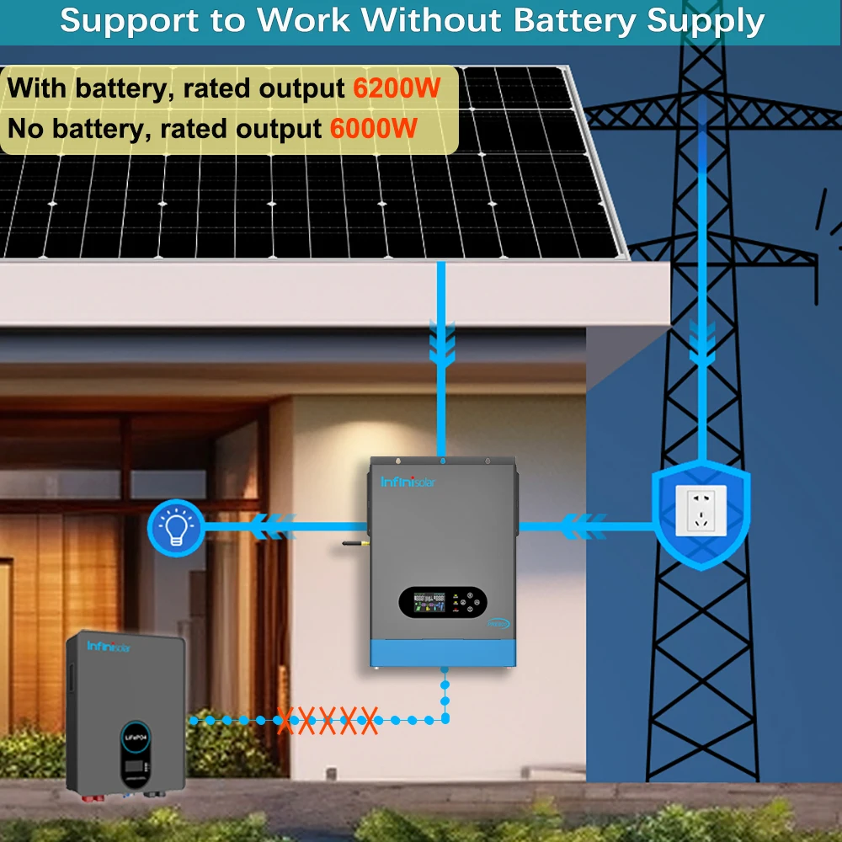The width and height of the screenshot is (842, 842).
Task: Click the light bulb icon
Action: click(175, 527)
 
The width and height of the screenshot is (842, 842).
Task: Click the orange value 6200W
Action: click(394, 88)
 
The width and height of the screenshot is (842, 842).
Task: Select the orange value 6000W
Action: click(374, 129)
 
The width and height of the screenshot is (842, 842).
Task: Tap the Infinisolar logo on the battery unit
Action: click(109, 646)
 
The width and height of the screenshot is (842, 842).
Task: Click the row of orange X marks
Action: click(328, 720)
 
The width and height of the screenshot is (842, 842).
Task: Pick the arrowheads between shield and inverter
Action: click(580, 527)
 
